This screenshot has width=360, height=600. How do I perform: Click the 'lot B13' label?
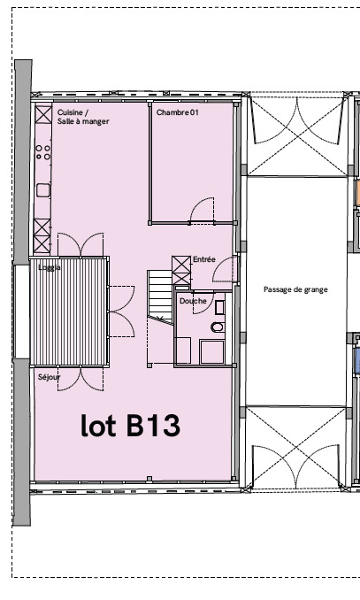click(130, 426)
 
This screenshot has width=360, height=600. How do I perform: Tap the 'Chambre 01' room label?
click(178, 112)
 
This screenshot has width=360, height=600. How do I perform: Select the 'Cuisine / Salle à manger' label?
click(83, 117)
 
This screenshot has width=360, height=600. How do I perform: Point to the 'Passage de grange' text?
click(295, 289)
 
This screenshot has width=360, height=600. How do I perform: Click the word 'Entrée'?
click(204, 259)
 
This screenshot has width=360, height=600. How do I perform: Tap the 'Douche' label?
click(193, 301)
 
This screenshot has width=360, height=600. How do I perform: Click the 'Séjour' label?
click(49, 377)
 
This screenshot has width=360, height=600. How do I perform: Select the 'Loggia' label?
click(50, 267)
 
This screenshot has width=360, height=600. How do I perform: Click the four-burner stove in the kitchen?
click(42, 152)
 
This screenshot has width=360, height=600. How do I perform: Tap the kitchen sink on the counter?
click(43, 190)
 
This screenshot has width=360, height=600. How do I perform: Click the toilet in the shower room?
click(218, 327)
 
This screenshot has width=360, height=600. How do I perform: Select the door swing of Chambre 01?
click(202, 210)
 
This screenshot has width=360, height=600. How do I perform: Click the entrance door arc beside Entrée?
click(225, 269)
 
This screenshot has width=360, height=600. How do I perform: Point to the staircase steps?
click(160, 295)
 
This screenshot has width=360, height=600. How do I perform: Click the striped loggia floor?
click(69, 312)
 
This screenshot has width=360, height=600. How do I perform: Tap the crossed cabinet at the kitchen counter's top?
click(43, 114)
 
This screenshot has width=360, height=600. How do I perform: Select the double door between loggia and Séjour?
click(80, 379)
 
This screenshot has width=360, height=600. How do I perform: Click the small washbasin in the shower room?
click(219, 308)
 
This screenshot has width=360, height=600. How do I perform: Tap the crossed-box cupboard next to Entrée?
click(181, 270)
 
